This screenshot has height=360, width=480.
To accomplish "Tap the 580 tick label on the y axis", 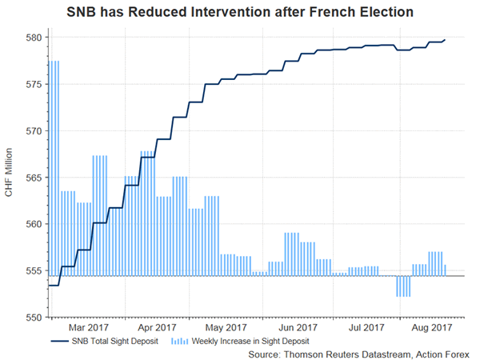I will (x=33, y=38).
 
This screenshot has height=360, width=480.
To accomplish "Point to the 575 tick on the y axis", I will (x=33, y=84).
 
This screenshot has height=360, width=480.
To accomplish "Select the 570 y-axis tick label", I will (x=33, y=130).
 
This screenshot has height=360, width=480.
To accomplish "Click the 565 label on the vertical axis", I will (x=33, y=177).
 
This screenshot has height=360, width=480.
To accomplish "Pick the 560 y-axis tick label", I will (x=33, y=224).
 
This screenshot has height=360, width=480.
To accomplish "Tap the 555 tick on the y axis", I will (x=33, y=270).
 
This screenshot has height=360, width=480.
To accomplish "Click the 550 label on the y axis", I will (x=33, y=317).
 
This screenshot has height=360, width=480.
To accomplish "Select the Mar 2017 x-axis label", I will (x=88, y=327).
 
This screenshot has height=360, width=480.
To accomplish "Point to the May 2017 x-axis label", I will (x=226, y=327).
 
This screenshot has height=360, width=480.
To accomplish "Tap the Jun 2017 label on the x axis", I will (x=295, y=327).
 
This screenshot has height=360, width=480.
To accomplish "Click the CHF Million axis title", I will (x=9, y=177).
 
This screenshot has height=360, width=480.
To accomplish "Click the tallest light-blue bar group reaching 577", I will (x=54, y=168).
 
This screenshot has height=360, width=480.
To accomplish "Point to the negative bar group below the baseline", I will (x=403, y=286).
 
